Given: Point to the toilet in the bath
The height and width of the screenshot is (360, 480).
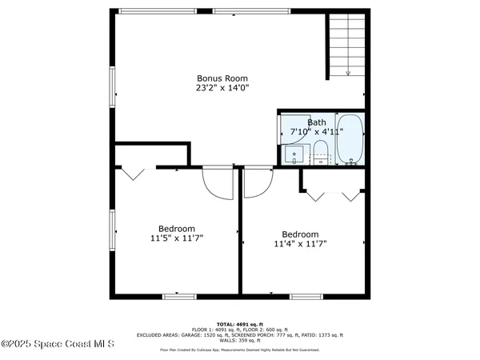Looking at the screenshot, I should point(320,150).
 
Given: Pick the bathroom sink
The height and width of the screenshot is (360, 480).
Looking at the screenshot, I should point(294,154).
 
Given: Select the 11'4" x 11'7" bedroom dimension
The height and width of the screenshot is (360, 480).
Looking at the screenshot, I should point(300,244).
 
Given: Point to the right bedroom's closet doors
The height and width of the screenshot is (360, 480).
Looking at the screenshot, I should point(330,194).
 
